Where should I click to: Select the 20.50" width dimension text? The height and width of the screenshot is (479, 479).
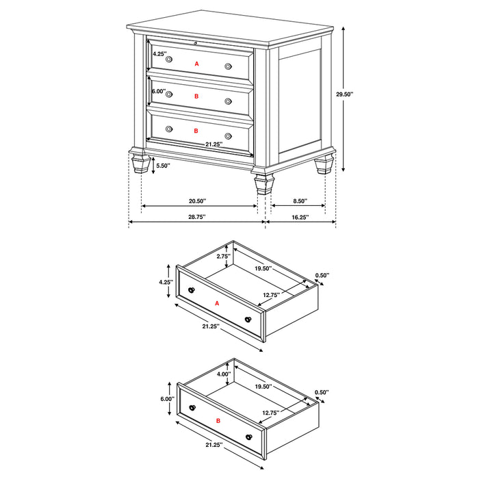pyautogui.click(x=197, y=201)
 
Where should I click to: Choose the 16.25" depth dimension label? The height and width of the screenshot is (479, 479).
pyautogui.click(x=300, y=217)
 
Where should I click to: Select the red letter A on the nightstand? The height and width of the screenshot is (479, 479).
pyautogui.click(x=196, y=63)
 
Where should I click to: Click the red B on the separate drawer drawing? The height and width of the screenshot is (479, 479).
pyautogui.click(x=218, y=421)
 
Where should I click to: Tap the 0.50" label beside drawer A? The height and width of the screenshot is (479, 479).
pyautogui.click(x=322, y=275)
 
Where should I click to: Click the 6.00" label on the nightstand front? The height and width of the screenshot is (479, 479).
pyautogui.click(x=158, y=91)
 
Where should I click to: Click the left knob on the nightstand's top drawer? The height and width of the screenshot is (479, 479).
pyautogui.click(x=169, y=60)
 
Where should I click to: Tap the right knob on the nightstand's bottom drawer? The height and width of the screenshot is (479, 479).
pyautogui.click(x=228, y=136)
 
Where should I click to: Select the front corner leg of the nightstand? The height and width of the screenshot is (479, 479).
pyautogui.click(x=261, y=183)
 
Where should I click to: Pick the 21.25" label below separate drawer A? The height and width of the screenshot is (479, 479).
pyautogui.click(x=210, y=327)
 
